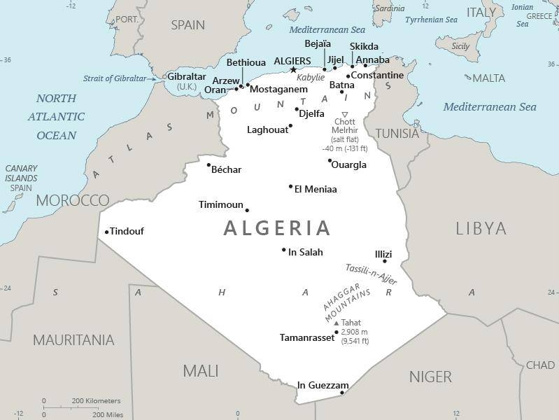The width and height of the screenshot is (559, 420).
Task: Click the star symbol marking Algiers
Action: point(294,69)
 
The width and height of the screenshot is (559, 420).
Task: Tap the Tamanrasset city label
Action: point(306,337)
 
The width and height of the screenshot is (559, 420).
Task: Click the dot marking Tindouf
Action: point(106,232)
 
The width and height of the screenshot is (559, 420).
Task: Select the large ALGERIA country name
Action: point(277,228)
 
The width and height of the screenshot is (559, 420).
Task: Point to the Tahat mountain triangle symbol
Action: point(336,323)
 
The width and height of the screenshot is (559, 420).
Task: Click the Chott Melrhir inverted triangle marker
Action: point(344,113)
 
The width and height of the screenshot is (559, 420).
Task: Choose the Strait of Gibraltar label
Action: point(120,78)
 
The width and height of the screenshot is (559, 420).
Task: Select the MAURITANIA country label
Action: point(73,341)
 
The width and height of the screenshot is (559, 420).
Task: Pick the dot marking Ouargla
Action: point(330,160)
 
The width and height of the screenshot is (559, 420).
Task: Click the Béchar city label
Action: point(226,170)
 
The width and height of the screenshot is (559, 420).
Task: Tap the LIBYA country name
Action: point(481,228)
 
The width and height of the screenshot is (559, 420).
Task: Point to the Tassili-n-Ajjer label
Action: point(371,274)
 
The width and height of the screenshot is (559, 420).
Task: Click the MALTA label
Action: point(489,78)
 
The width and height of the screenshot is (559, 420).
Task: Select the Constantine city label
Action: point(377,76)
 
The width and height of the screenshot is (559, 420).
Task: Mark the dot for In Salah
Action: point(283,250)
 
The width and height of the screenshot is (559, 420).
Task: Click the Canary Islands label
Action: point(21,178)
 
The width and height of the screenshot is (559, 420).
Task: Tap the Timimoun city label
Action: point(220,205)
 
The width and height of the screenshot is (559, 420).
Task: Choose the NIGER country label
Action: point(430,377)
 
